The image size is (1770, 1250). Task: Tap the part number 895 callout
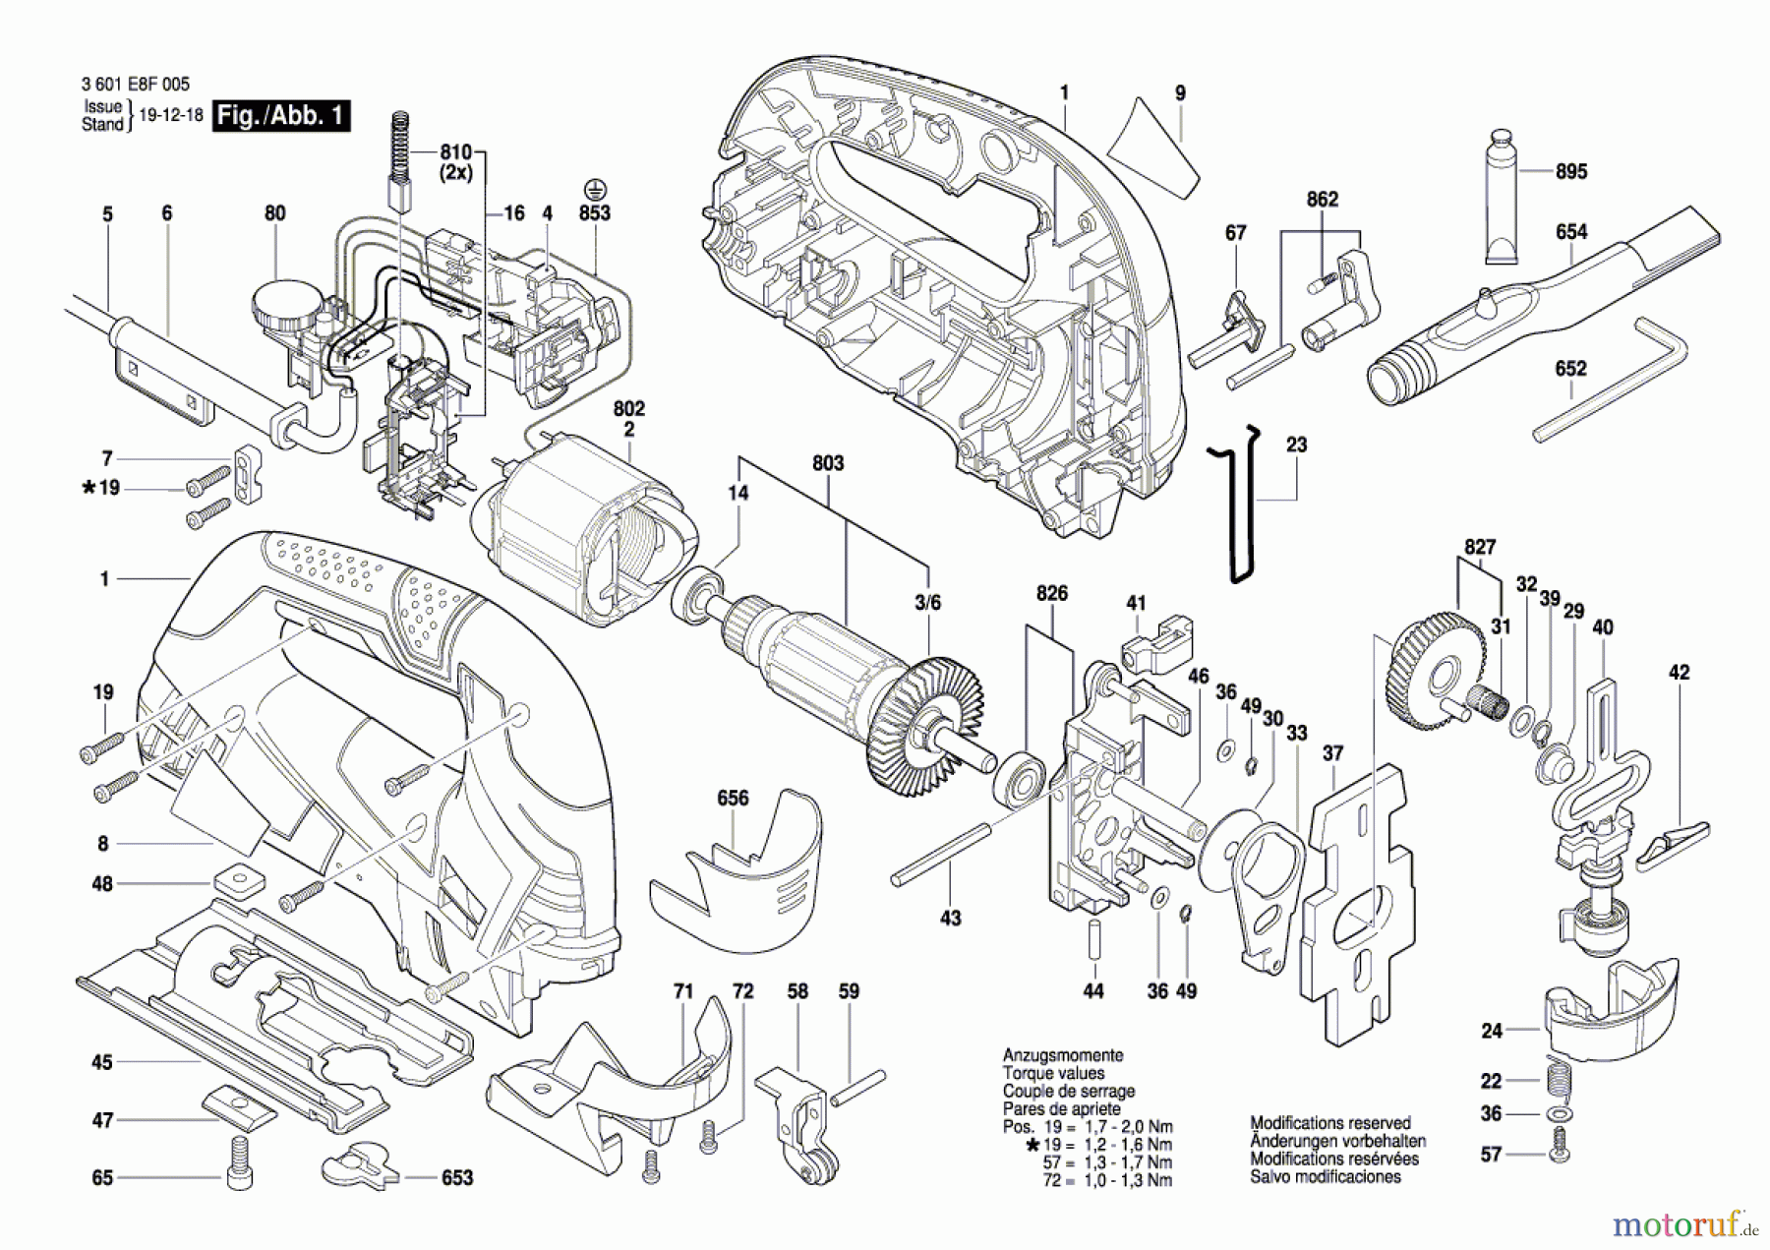click(x=1571, y=171)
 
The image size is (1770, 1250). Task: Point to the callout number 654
click(x=1571, y=232)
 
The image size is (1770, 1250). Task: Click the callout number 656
click(x=733, y=799)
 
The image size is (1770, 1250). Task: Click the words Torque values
click(x=1053, y=1073)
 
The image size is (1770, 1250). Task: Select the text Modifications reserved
click(x=1330, y=1123)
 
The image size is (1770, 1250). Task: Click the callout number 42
click(x=1680, y=673)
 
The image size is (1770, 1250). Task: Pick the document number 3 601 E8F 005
click(x=136, y=85)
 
